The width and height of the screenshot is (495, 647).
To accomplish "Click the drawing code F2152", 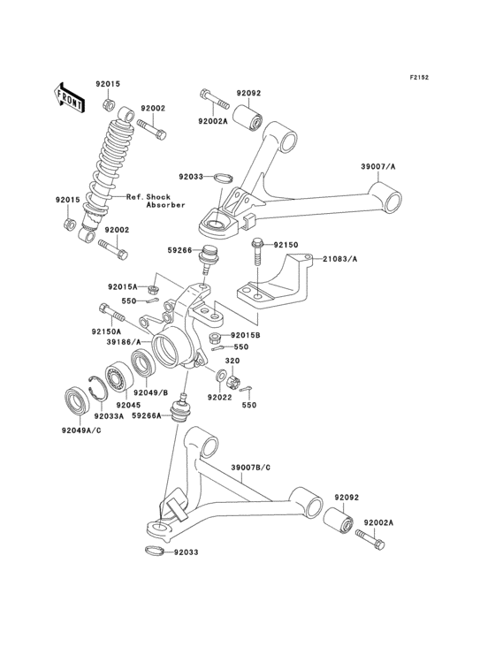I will click(x=418, y=78).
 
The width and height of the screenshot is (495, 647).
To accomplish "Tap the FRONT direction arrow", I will click(x=69, y=95).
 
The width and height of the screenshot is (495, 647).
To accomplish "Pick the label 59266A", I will click(x=148, y=414).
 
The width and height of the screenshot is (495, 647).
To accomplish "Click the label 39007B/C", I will click(x=251, y=467).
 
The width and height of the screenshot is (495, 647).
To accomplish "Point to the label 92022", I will click(x=220, y=398).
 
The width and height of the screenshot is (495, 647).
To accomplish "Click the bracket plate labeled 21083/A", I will click(x=274, y=278).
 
